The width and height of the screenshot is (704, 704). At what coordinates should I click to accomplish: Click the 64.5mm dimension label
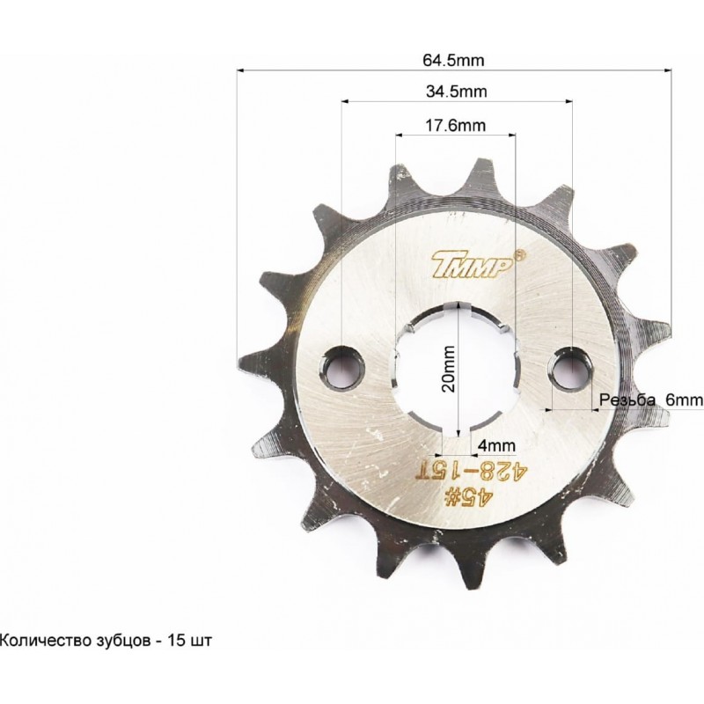pos(453,60)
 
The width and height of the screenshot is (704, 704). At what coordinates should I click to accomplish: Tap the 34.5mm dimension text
pos(456,92)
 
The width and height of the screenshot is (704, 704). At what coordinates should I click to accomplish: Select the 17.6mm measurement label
pos(455,125)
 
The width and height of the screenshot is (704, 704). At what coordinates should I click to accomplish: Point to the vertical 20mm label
pos(448,369)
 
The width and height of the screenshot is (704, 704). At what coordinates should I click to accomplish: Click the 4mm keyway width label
pos(496,446)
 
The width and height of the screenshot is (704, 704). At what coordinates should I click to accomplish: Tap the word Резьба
pos(627,400)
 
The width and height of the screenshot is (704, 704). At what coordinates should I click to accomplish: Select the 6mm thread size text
pos(684,400)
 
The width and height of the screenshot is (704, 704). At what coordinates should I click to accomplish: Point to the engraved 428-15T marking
pos(473,473)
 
